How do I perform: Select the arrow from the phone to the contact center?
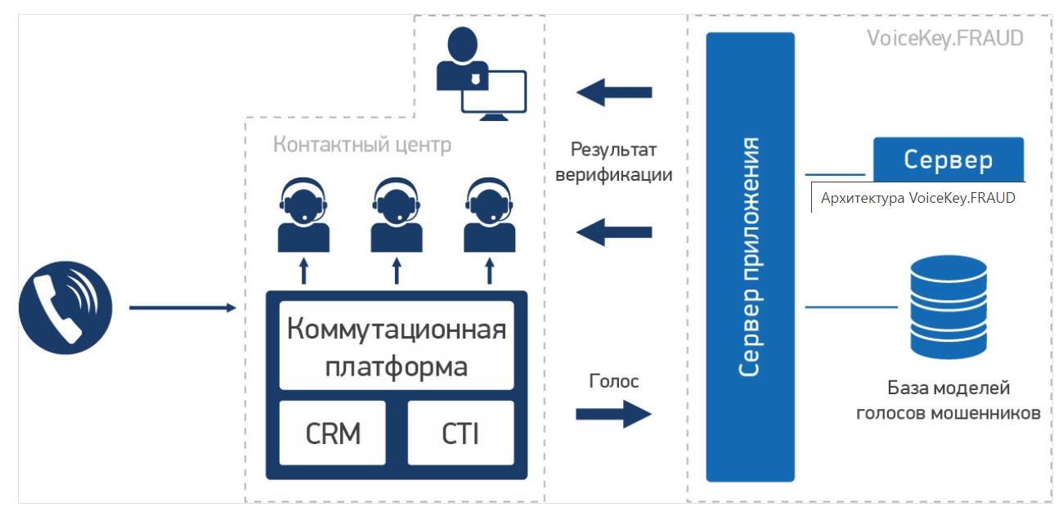[x=182, y=308]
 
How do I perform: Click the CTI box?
[x=460, y=433]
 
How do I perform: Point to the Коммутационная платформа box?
[x=397, y=345]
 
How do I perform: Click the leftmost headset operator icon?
[x=303, y=215]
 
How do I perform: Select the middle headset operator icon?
[x=397, y=215]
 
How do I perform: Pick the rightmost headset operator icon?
[x=490, y=215]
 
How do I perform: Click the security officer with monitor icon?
[x=478, y=74]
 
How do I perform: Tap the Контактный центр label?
[x=361, y=146]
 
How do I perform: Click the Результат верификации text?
[x=613, y=162]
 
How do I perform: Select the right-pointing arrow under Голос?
[x=613, y=414]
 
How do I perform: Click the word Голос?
[x=613, y=381]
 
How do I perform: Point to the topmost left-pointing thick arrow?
[x=613, y=92]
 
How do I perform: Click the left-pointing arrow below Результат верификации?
[x=613, y=232]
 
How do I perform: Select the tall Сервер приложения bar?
[x=750, y=257]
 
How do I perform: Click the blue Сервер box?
[x=948, y=159]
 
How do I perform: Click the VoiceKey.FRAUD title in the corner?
[x=944, y=38]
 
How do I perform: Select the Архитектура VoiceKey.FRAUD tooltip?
[x=918, y=198]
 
